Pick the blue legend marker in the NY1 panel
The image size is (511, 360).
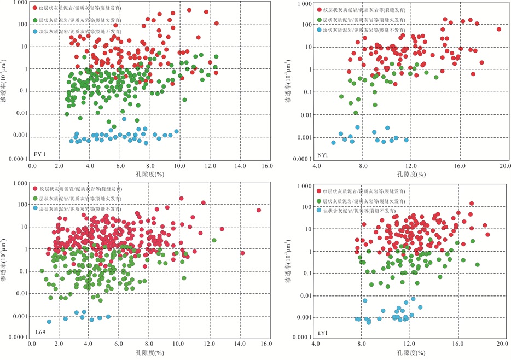pos(319,30)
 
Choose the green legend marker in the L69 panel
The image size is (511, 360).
pos(36,199)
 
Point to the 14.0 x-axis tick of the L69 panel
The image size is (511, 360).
pos(240,344)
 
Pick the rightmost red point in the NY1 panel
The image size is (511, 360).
pos(498,30)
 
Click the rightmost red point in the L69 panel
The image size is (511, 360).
pos(259,210)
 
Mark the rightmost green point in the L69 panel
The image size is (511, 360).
pos(214,240)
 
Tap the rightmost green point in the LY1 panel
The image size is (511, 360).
pos(477,265)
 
